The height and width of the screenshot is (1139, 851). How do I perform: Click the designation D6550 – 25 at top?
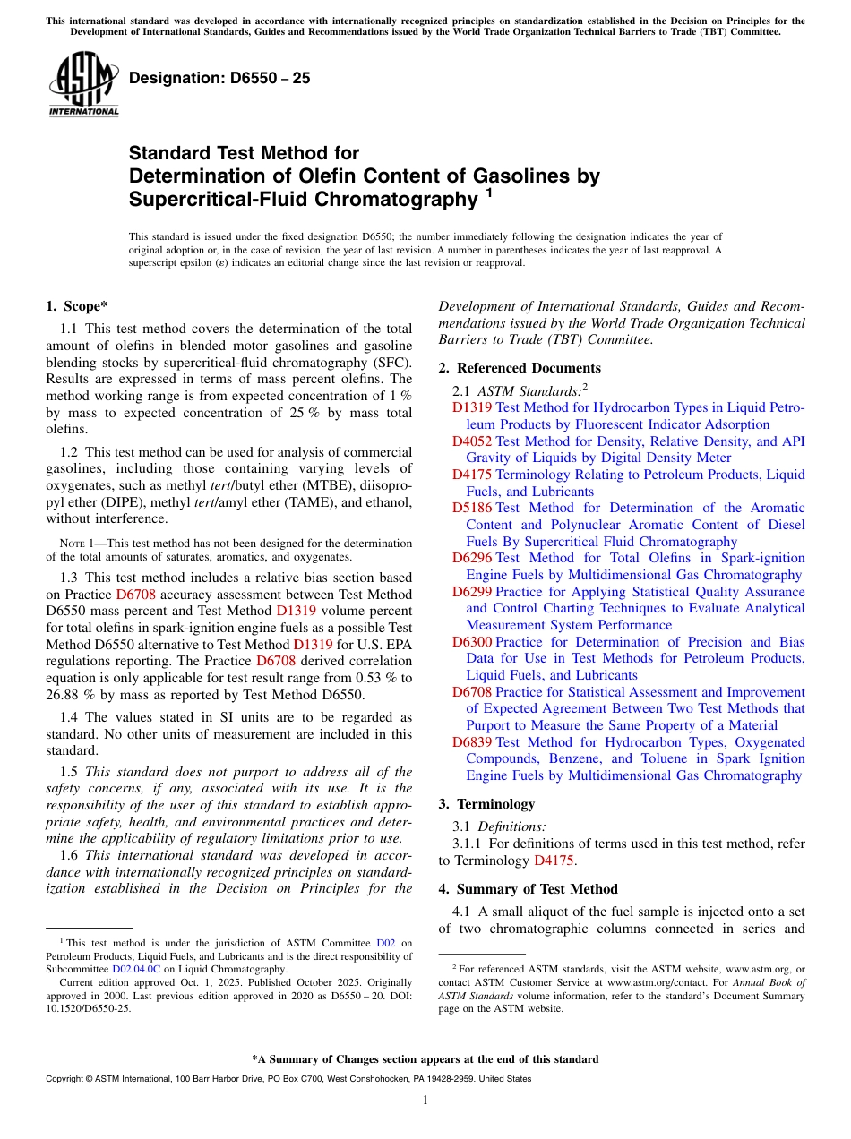click(x=219, y=78)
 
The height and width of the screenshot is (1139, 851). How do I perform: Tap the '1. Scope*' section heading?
click(x=76, y=306)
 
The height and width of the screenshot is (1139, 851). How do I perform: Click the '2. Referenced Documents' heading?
click(x=520, y=368)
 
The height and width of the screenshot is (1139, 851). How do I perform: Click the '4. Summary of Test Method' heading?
click(x=528, y=889)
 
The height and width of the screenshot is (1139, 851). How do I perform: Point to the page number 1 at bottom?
click(x=425, y=1100)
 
